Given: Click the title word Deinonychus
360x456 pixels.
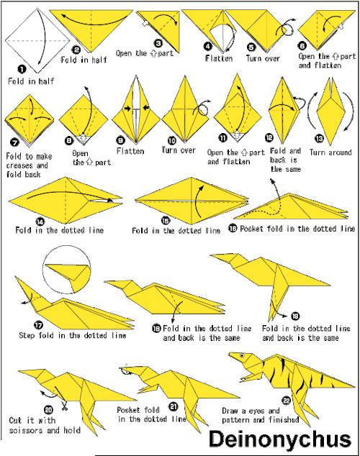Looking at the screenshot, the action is point(280,439).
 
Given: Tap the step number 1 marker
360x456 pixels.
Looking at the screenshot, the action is point(22,69).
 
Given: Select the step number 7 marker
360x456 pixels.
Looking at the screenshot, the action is point(14,142).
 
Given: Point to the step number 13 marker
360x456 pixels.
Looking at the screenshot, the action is point(320,138).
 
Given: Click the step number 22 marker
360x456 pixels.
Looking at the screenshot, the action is point(287,401).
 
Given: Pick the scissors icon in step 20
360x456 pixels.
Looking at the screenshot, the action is point(64,406).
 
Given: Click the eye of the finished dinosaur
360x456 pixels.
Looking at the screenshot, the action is point(242,355).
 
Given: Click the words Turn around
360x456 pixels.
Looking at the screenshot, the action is point(330,152).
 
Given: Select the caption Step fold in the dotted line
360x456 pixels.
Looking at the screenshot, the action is point(73,335).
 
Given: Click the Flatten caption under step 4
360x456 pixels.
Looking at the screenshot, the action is point(219,58).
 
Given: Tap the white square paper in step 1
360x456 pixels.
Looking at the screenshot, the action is point(37,41).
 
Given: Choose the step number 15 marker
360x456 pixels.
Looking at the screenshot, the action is point(166,221).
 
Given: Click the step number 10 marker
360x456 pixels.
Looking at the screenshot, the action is point(172,140).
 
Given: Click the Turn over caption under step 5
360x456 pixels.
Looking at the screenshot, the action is point(263,58).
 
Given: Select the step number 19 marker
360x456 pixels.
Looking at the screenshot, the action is point(294,316).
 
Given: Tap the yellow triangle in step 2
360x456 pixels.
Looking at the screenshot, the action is point(91,27).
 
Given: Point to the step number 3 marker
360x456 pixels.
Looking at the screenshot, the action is point(158,44).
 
